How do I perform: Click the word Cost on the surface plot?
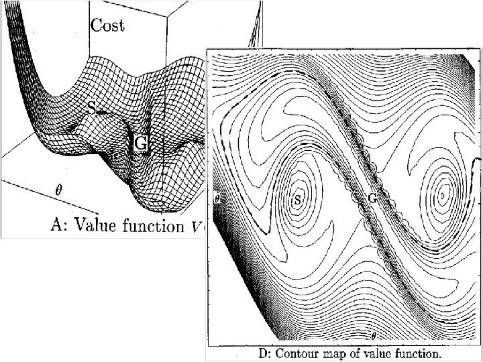point(107,25)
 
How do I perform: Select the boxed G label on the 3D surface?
point(141,143)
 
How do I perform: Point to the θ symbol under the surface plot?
point(58,190)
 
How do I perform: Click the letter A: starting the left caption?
point(59,225)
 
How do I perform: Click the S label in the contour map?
point(298,198)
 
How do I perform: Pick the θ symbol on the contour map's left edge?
point(217,199)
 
